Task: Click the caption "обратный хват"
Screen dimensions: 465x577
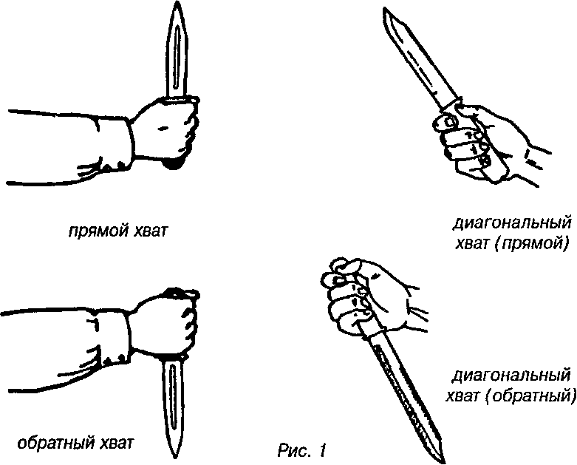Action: coord(75,444)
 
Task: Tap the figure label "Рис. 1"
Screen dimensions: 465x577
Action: coord(302,449)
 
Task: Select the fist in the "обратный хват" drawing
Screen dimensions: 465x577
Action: coord(167,322)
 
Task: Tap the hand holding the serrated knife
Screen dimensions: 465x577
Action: coord(362,292)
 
